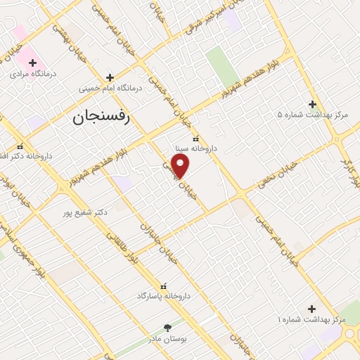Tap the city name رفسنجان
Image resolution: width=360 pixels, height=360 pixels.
(102, 117)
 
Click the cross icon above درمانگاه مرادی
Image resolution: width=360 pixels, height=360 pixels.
(33, 63)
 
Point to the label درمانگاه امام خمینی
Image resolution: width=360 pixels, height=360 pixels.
(110, 89)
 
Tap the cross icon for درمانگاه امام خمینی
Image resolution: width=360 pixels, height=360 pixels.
(110, 77)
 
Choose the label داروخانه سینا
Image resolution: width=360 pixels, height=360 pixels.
(196, 149)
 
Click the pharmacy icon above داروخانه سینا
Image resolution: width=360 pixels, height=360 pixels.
(195, 139)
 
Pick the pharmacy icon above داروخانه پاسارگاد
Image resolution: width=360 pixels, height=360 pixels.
(164, 286)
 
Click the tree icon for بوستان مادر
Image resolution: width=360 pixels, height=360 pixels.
(167, 328)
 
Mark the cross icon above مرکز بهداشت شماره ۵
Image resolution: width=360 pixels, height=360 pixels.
(312, 104)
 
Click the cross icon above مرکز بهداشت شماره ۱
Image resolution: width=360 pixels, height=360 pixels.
(311, 309)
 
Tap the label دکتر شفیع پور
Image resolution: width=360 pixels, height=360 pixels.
(86, 212)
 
